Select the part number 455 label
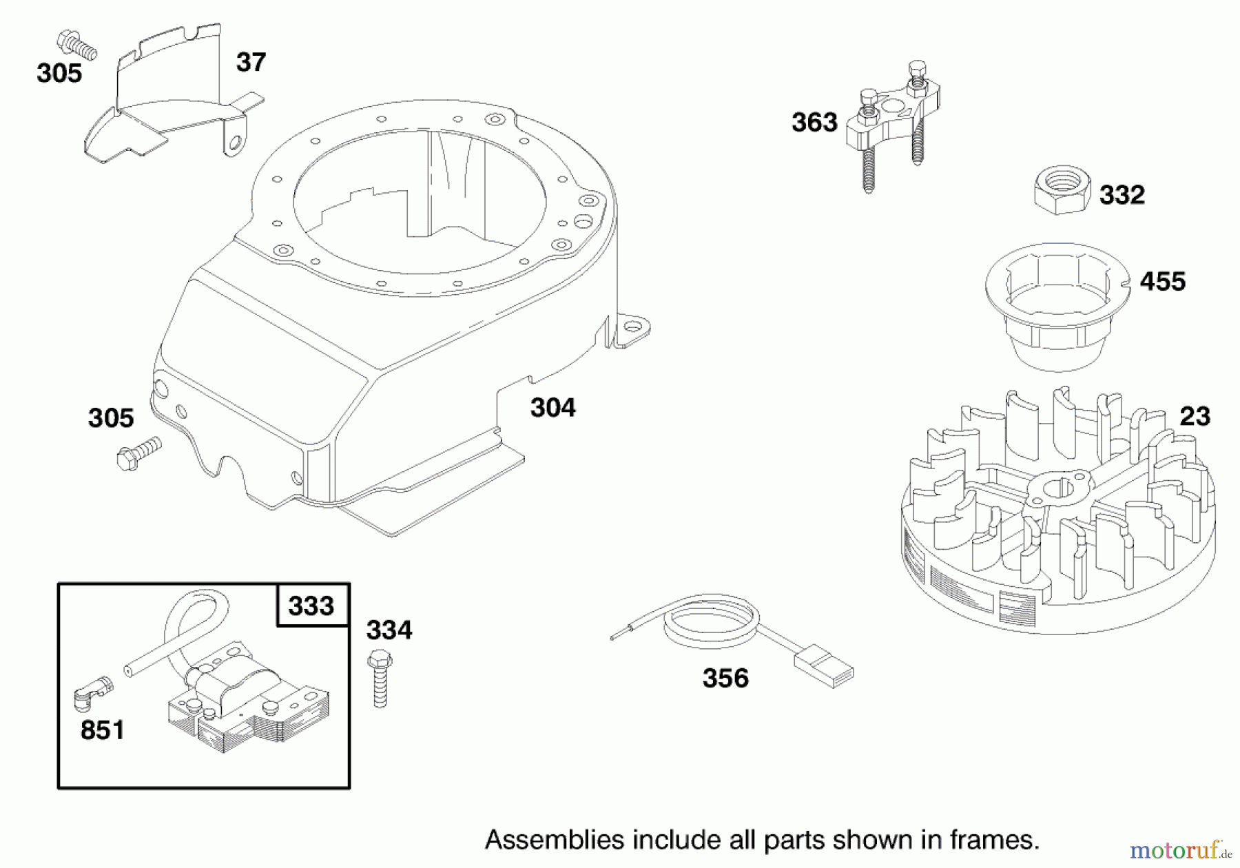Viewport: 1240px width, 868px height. click(x=1162, y=281)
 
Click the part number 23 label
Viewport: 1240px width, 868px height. click(x=1195, y=416)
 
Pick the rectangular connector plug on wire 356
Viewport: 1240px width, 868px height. click(x=823, y=667)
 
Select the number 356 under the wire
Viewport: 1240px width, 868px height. click(x=725, y=678)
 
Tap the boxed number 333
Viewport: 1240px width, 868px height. click(x=311, y=606)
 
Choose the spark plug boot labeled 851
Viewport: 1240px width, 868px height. click(x=92, y=691)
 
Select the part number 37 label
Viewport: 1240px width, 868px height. click(x=251, y=62)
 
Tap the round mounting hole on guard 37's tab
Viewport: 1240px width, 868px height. click(x=236, y=143)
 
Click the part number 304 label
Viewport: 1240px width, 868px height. click(x=552, y=408)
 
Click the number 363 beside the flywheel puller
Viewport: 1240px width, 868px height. click(x=814, y=123)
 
